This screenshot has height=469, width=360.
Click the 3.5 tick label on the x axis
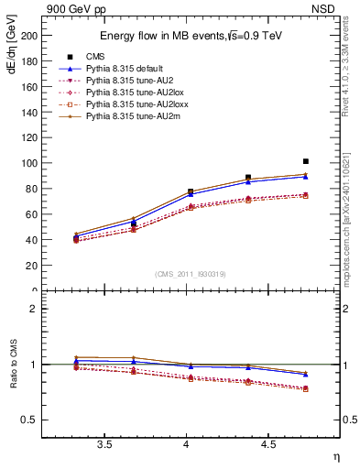104,445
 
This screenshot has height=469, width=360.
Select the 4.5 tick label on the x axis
268,445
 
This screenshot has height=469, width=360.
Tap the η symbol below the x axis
335,456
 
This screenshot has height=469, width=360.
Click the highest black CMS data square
306,161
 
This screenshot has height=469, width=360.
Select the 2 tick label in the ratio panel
34,309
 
